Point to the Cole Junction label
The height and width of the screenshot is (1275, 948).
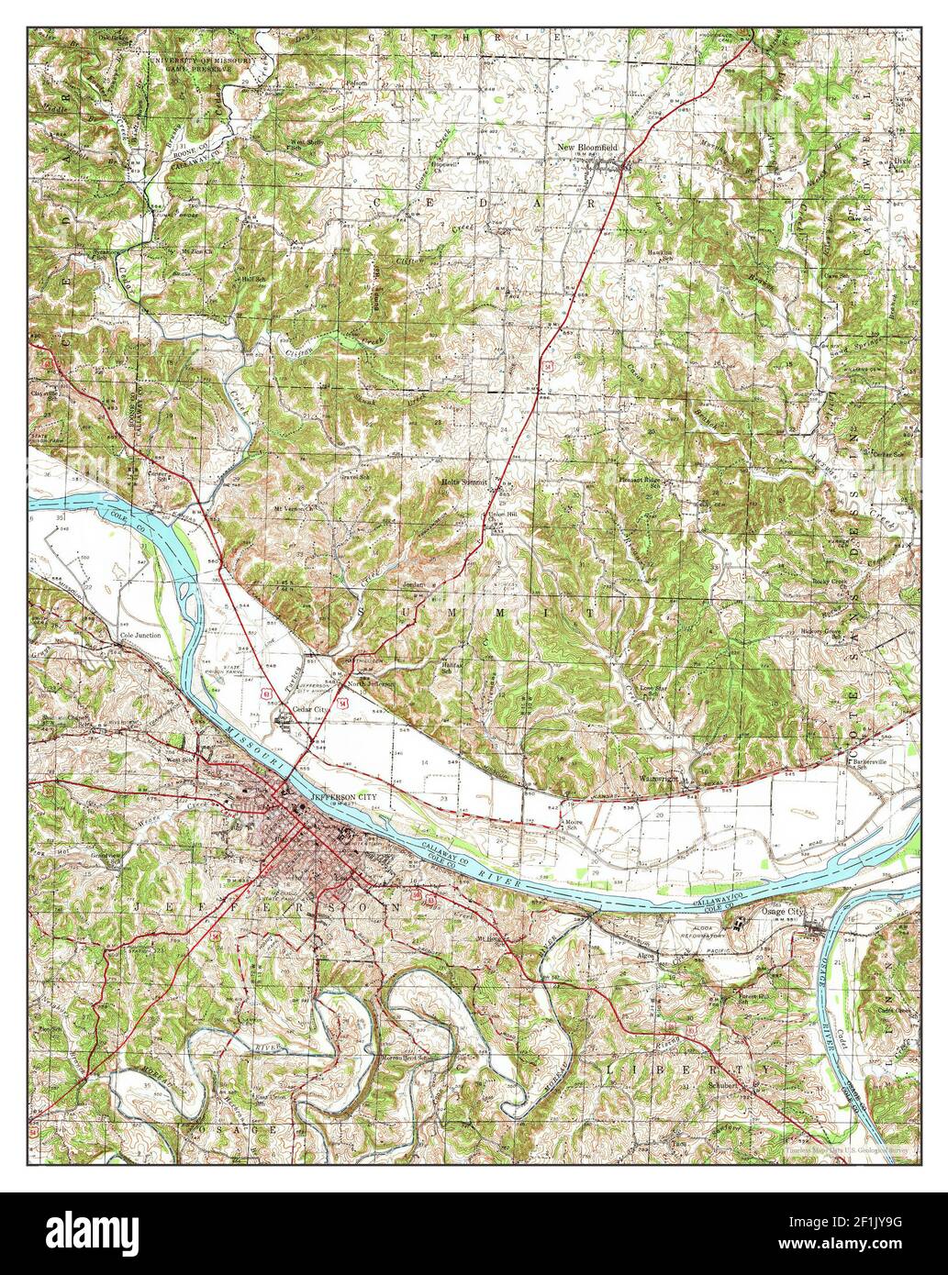[x=140, y=635]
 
